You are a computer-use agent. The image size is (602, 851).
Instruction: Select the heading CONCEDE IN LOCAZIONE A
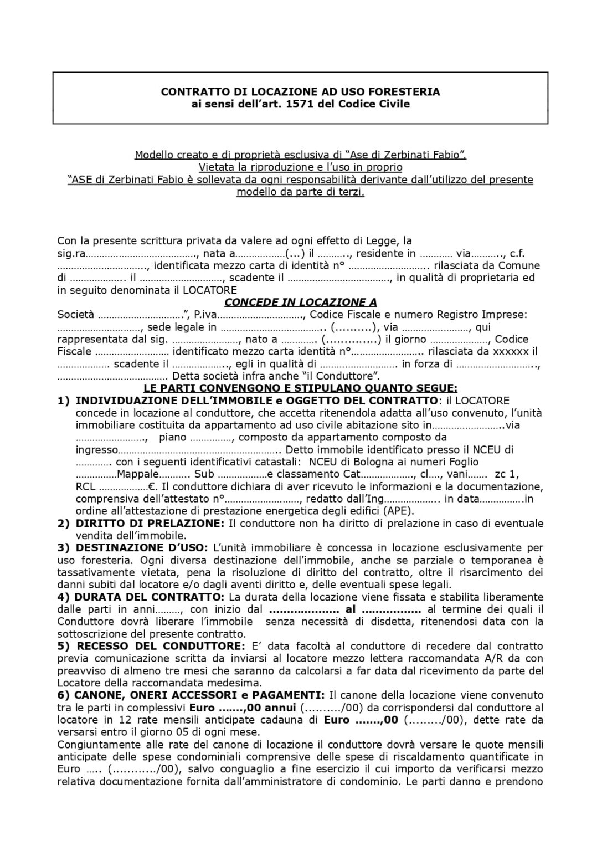300,303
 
